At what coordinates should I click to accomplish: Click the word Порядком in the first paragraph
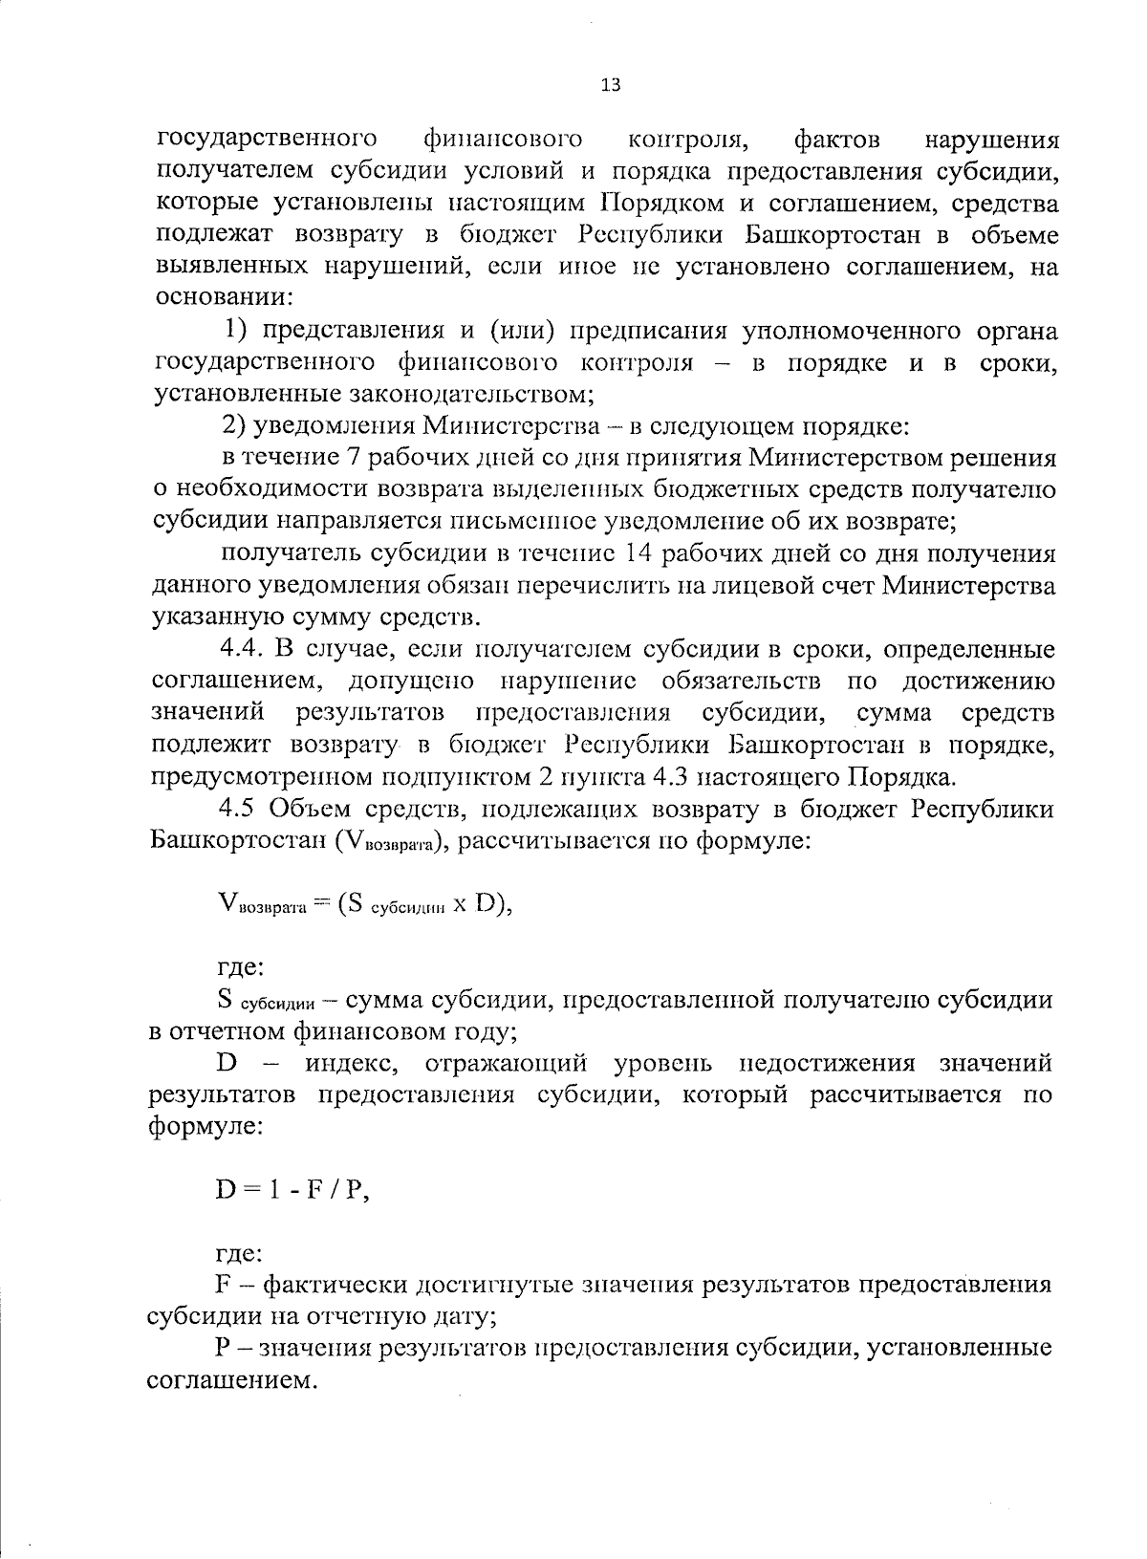[x=656, y=204]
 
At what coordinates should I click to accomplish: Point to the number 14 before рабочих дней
[x=639, y=554]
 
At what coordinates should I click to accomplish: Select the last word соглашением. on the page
[x=231, y=1381]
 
